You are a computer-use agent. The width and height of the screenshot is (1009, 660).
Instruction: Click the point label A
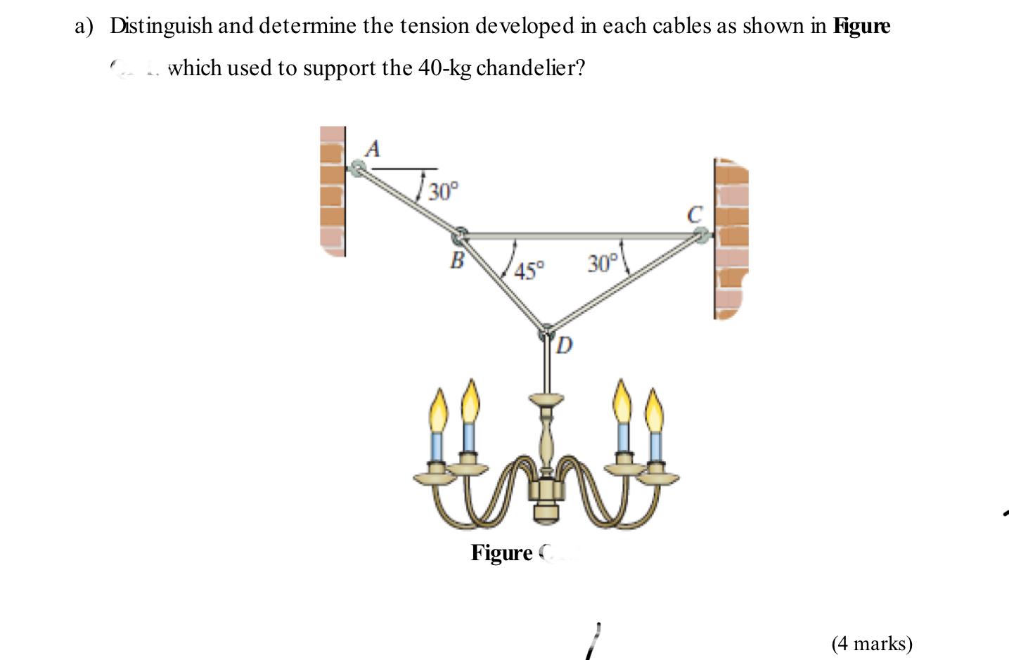coord(373,148)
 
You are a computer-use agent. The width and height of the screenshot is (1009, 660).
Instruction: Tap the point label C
coord(695,214)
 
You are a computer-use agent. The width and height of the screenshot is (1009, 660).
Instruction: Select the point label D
coord(565,345)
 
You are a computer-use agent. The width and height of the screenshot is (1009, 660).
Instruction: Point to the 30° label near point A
coord(444,190)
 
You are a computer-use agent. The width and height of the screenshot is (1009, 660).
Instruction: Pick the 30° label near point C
coord(603,264)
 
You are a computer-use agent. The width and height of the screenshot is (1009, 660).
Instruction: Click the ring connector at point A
coord(358,168)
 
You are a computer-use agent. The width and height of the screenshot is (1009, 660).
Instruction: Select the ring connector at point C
coord(700,237)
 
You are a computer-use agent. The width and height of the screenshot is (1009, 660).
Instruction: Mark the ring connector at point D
coord(547,331)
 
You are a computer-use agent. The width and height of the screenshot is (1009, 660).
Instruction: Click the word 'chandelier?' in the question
coord(531,68)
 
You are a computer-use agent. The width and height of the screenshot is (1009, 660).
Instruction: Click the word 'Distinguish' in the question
coord(161,26)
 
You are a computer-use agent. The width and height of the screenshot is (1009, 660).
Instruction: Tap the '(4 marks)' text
coord(871,643)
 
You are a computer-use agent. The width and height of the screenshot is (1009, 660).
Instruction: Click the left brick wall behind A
coord(333,190)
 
